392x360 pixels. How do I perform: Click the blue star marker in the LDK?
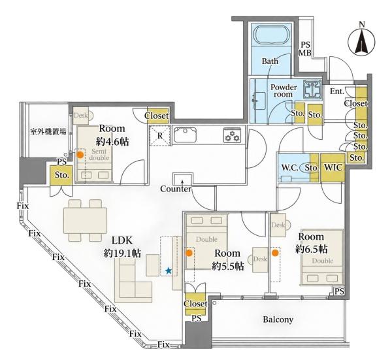(x=169, y=270)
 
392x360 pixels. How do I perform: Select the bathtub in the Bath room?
(x=271, y=36)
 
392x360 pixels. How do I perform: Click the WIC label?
(x=333, y=167)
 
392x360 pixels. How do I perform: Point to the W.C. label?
(x=289, y=168)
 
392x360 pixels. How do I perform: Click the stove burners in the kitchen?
(x=232, y=136)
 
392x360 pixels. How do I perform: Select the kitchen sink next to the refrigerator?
(x=186, y=135)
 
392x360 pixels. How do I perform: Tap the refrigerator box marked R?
(x=160, y=136)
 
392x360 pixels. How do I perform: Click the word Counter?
(x=176, y=189)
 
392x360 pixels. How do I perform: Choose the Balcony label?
(x=278, y=319)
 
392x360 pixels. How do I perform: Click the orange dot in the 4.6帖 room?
(x=80, y=155)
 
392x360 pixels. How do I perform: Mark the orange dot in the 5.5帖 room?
(x=189, y=253)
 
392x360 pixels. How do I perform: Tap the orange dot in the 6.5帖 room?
(x=275, y=253)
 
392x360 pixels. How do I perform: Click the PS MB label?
(x=305, y=49)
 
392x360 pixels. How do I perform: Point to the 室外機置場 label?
(x=48, y=131)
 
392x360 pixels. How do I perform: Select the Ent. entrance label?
(x=337, y=91)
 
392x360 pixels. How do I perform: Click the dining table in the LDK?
(x=85, y=220)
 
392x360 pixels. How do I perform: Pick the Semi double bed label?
(x=99, y=154)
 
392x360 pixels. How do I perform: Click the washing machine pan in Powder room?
(x=312, y=89)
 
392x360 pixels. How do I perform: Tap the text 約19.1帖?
(x=122, y=254)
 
